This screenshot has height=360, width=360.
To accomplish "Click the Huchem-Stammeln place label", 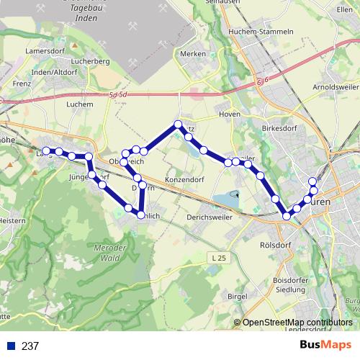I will coord(260,32).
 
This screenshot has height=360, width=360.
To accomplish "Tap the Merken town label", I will coord(194,53).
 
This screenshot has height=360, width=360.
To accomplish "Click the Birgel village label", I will coord(237,296).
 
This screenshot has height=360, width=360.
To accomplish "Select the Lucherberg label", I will coord(91,62).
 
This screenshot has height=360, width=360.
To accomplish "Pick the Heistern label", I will coord(12,220).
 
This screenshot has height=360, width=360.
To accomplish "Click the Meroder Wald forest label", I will coord(109,252).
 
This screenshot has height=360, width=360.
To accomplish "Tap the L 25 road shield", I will coord(221,257).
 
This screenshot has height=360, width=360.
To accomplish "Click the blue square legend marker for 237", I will coord(11,346).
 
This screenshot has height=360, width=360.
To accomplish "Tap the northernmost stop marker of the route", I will coord(178,124).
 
